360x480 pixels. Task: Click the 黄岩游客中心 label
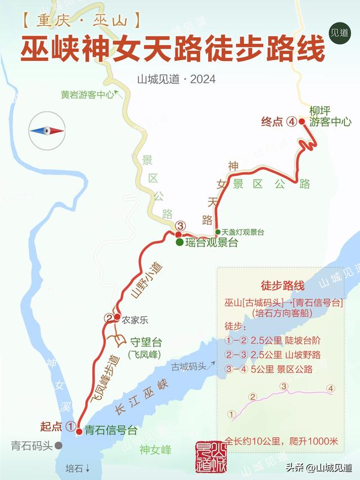coord(88,95)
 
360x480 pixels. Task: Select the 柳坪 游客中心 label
coord(330,115)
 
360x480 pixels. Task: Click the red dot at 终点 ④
coord(302,121)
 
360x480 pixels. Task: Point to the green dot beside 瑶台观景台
coord(179,243)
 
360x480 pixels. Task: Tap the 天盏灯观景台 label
coord(242,232)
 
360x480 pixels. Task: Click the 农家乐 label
coord(135,320)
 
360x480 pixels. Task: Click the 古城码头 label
coord(189,366)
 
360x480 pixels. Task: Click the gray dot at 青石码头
coord(59,446)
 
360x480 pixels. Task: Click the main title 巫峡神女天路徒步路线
coord(173,50)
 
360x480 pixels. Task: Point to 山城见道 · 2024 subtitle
coord(176,79)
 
